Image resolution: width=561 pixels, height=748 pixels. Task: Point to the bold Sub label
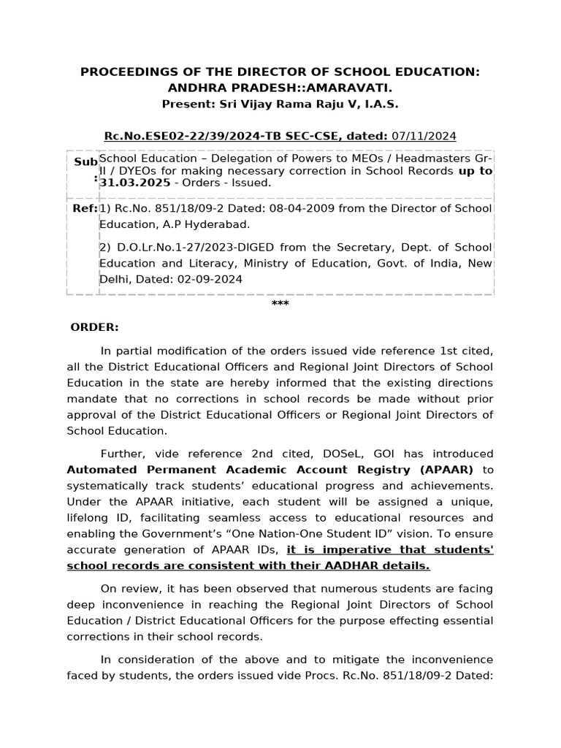point(85,161)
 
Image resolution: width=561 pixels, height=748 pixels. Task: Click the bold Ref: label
point(83,208)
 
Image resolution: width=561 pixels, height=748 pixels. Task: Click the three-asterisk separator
point(280,304)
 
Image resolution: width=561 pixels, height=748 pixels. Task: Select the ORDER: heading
point(94,327)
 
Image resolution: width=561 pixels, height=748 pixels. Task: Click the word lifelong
point(88,517)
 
